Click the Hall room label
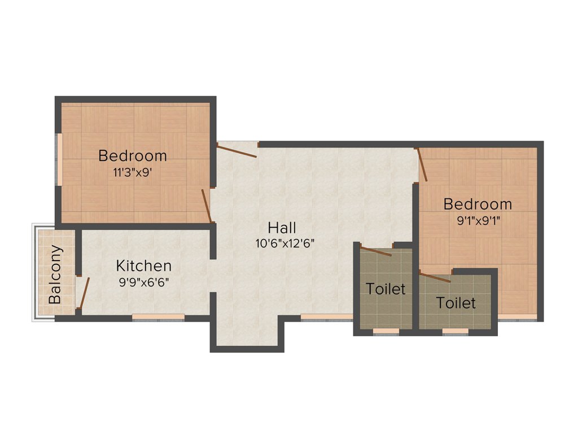coord(282,228)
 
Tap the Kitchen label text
coord(144,266)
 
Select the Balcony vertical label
coord(55,275)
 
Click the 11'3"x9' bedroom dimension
coord(133,172)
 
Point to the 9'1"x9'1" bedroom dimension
coord(478,221)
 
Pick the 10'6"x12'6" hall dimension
coord(284,244)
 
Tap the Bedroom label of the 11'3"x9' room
coord(133,155)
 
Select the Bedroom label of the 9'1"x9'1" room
coord(478,204)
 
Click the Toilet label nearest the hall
coord(386,289)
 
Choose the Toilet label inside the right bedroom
coord(456,303)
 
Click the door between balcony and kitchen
coord(84,293)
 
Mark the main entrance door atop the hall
coord(237,150)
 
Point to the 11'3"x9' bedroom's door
coord(207,206)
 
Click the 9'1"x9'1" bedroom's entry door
coord(422,164)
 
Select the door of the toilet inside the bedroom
coord(435,276)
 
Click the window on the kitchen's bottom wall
coord(158,317)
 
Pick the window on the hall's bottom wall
coord(327,317)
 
